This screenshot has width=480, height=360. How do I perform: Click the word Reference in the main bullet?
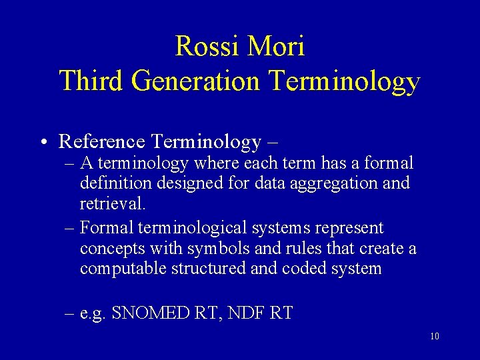click(101, 141)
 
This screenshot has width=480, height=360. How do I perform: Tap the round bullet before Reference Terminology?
click(42, 142)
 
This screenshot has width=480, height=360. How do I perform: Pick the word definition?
click(111, 183)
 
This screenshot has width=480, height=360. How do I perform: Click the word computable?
click(123, 269)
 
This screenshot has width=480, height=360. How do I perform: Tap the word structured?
click(205, 269)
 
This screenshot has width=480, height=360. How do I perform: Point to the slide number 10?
click(434, 336)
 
